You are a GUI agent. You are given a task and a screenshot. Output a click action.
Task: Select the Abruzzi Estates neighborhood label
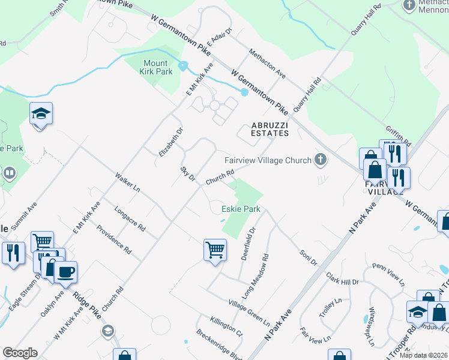(266, 130)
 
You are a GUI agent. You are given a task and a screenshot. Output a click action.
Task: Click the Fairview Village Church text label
(268, 160)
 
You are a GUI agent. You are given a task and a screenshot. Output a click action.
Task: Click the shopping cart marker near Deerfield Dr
(215, 250)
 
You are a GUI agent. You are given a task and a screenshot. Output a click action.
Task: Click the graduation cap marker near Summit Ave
(41, 113)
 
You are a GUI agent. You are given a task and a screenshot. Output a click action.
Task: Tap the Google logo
(20, 353)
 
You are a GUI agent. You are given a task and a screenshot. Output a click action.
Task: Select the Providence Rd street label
(113, 239)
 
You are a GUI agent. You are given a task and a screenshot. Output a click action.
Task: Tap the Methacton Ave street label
(267, 64)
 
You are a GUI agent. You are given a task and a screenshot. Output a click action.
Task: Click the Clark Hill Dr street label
(342, 278)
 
